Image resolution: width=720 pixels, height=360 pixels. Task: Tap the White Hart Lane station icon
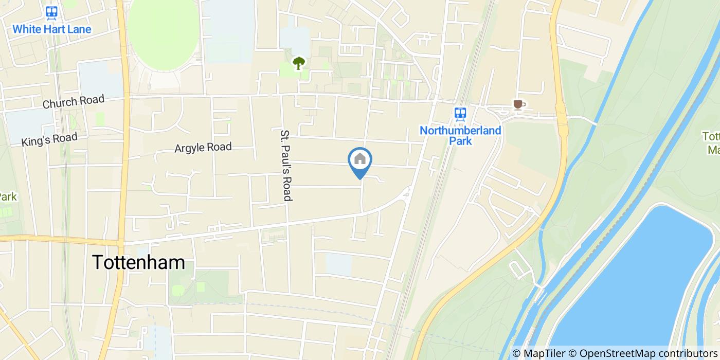[x=51, y=13]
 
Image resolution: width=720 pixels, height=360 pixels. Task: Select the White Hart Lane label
[x=51, y=29]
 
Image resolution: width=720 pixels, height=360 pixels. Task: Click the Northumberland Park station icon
[x=460, y=113]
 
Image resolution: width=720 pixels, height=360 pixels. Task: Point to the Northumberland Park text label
[x=460, y=135]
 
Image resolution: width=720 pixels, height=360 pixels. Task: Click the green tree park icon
[x=298, y=63]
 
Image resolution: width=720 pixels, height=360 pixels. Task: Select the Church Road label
[x=74, y=101]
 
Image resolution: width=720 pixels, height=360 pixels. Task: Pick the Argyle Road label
[x=203, y=148]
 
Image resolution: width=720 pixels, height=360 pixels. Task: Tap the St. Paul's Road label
[x=286, y=165]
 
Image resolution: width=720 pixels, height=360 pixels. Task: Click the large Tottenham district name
[x=138, y=262]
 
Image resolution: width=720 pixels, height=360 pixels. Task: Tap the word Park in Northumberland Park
[x=460, y=141]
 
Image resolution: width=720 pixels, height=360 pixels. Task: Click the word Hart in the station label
[x=52, y=29]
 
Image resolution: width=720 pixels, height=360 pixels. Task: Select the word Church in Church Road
[x=60, y=103]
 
